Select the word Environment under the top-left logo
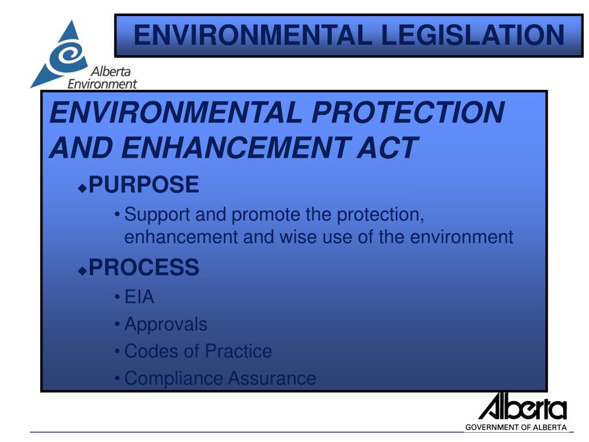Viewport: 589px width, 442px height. (x=102, y=84)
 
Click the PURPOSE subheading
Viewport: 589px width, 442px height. (x=144, y=185)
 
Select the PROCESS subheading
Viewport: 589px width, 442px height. (x=144, y=266)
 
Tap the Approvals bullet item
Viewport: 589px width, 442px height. (x=166, y=324)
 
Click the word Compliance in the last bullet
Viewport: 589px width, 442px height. (x=173, y=378)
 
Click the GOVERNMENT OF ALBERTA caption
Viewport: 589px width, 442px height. (x=516, y=427)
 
